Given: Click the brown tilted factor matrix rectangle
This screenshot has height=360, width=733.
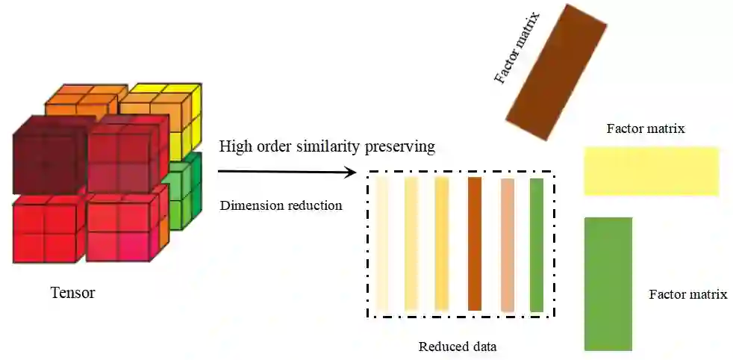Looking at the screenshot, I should (556, 72).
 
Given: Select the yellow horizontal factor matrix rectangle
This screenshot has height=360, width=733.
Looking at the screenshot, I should (651, 171).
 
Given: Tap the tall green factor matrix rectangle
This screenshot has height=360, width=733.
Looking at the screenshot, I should (608, 284).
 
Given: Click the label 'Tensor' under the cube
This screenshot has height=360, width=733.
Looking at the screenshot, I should (72, 293).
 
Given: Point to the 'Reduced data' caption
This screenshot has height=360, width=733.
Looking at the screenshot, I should (457, 347).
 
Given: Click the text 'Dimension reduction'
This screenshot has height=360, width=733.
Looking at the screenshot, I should (281, 205).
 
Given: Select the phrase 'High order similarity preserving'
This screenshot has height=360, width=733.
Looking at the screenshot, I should (327, 146).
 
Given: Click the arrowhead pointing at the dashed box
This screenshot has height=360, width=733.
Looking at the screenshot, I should (350, 173).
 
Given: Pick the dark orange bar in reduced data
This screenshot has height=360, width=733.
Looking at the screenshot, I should (475, 243).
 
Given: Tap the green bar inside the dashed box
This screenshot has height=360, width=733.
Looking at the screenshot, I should (536, 243).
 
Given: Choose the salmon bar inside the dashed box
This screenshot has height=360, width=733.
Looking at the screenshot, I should (508, 243).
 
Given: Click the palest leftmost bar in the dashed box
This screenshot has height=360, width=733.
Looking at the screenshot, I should (382, 243).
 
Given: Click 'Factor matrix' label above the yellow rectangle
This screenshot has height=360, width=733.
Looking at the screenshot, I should (646, 129).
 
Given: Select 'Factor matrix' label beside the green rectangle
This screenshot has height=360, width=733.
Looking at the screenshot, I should (687, 294).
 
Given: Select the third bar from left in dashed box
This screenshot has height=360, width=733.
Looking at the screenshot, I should (441, 243).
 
